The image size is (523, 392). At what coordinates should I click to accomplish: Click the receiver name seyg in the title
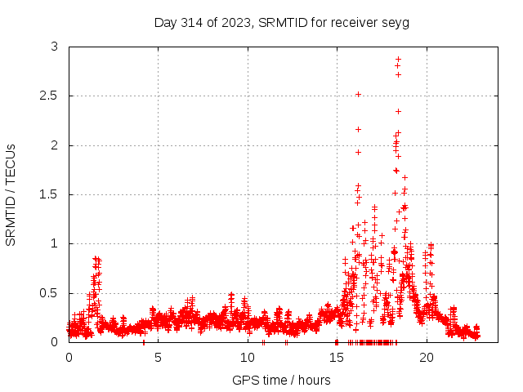point(396,23)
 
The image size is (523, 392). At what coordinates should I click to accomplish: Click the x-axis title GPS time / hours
point(281,380)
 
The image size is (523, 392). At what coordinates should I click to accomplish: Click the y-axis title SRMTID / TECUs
point(11,194)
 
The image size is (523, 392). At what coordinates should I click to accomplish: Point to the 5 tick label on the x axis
point(158,358)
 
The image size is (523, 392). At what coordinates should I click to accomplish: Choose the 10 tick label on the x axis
point(248,358)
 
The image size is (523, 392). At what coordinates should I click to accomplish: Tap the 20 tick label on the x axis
point(427,358)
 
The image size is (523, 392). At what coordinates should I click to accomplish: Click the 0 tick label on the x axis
point(69,358)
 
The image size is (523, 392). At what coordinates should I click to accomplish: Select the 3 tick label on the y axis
point(54,47)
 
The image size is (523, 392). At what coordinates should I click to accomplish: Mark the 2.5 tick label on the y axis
point(48,96)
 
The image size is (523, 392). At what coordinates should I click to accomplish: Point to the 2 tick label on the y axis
point(54,145)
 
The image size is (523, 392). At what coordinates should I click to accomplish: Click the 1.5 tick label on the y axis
point(48,194)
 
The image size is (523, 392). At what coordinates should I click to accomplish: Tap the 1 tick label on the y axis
point(54,243)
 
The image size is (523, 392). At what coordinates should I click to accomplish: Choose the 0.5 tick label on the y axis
point(48,293)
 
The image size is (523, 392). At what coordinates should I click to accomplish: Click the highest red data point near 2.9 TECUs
point(398,60)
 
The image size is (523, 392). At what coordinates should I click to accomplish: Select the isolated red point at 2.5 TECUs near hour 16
point(358,95)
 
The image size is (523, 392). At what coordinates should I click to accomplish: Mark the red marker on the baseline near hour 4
point(144,341)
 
